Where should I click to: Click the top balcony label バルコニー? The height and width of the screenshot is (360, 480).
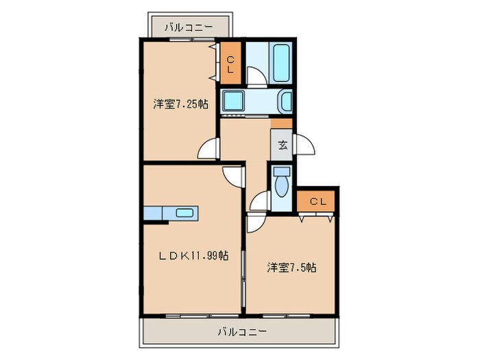coord(189,27)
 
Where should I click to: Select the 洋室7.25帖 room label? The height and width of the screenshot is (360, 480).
coord(181,104)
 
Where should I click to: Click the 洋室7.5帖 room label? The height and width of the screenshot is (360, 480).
coord(291,267)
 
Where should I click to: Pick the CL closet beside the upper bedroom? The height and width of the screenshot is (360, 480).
coord(230,64)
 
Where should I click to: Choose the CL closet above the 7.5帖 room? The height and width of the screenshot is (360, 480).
coord(317,201)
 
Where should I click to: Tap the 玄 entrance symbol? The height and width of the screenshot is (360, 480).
coord(283,145)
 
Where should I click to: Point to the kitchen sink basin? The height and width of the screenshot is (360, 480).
coord(184,213)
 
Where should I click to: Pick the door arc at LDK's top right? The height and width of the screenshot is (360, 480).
coord(233,175)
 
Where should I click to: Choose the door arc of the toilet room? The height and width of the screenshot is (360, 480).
coord(260,202)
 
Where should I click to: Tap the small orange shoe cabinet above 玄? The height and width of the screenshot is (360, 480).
coord(281,123)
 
